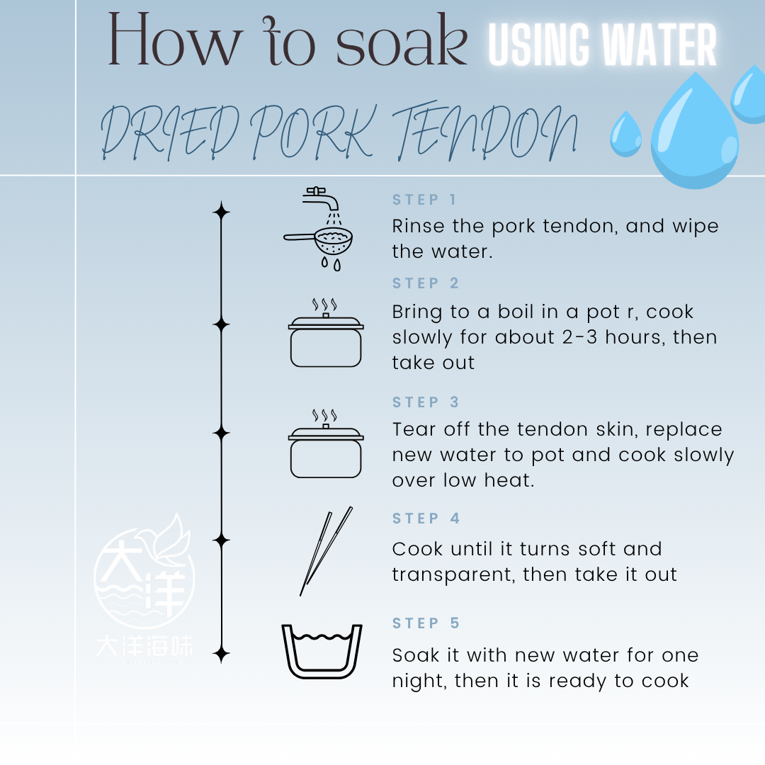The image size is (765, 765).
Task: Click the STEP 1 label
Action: pyautogui.click(x=424, y=200)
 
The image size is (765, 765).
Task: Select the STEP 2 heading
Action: pyautogui.click(x=426, y=283)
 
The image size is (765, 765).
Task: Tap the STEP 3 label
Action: pyautogui.click(x=426, y=402)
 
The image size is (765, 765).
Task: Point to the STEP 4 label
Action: pyautogui.click(x=426, y=518)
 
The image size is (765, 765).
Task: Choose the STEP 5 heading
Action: pyautogui.click(x=426, y=623)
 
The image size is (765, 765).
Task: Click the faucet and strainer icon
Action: pyautogui.click(x=319, y=228)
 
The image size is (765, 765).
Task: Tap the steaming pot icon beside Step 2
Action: pyautogui.click(x=326, y=333)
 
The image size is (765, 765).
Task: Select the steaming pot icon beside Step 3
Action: pyautogui.click(x=326, y=443)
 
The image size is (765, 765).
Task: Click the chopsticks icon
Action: pyautogui.click(x=325, y=551)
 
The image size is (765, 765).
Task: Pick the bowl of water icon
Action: pyautogui.click(x=322, y=652)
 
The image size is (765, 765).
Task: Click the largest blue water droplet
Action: pyautogui.click(x=695, y=131)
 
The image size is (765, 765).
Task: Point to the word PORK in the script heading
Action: pyautogui.click(x=313, y=131)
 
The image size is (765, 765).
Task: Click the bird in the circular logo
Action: pyautogui.click(x=166, y=539)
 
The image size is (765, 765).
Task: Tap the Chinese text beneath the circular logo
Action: pyautogui.click(x=145, y=645)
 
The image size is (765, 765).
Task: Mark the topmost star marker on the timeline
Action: pyautogui.click(x=222, y=212)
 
